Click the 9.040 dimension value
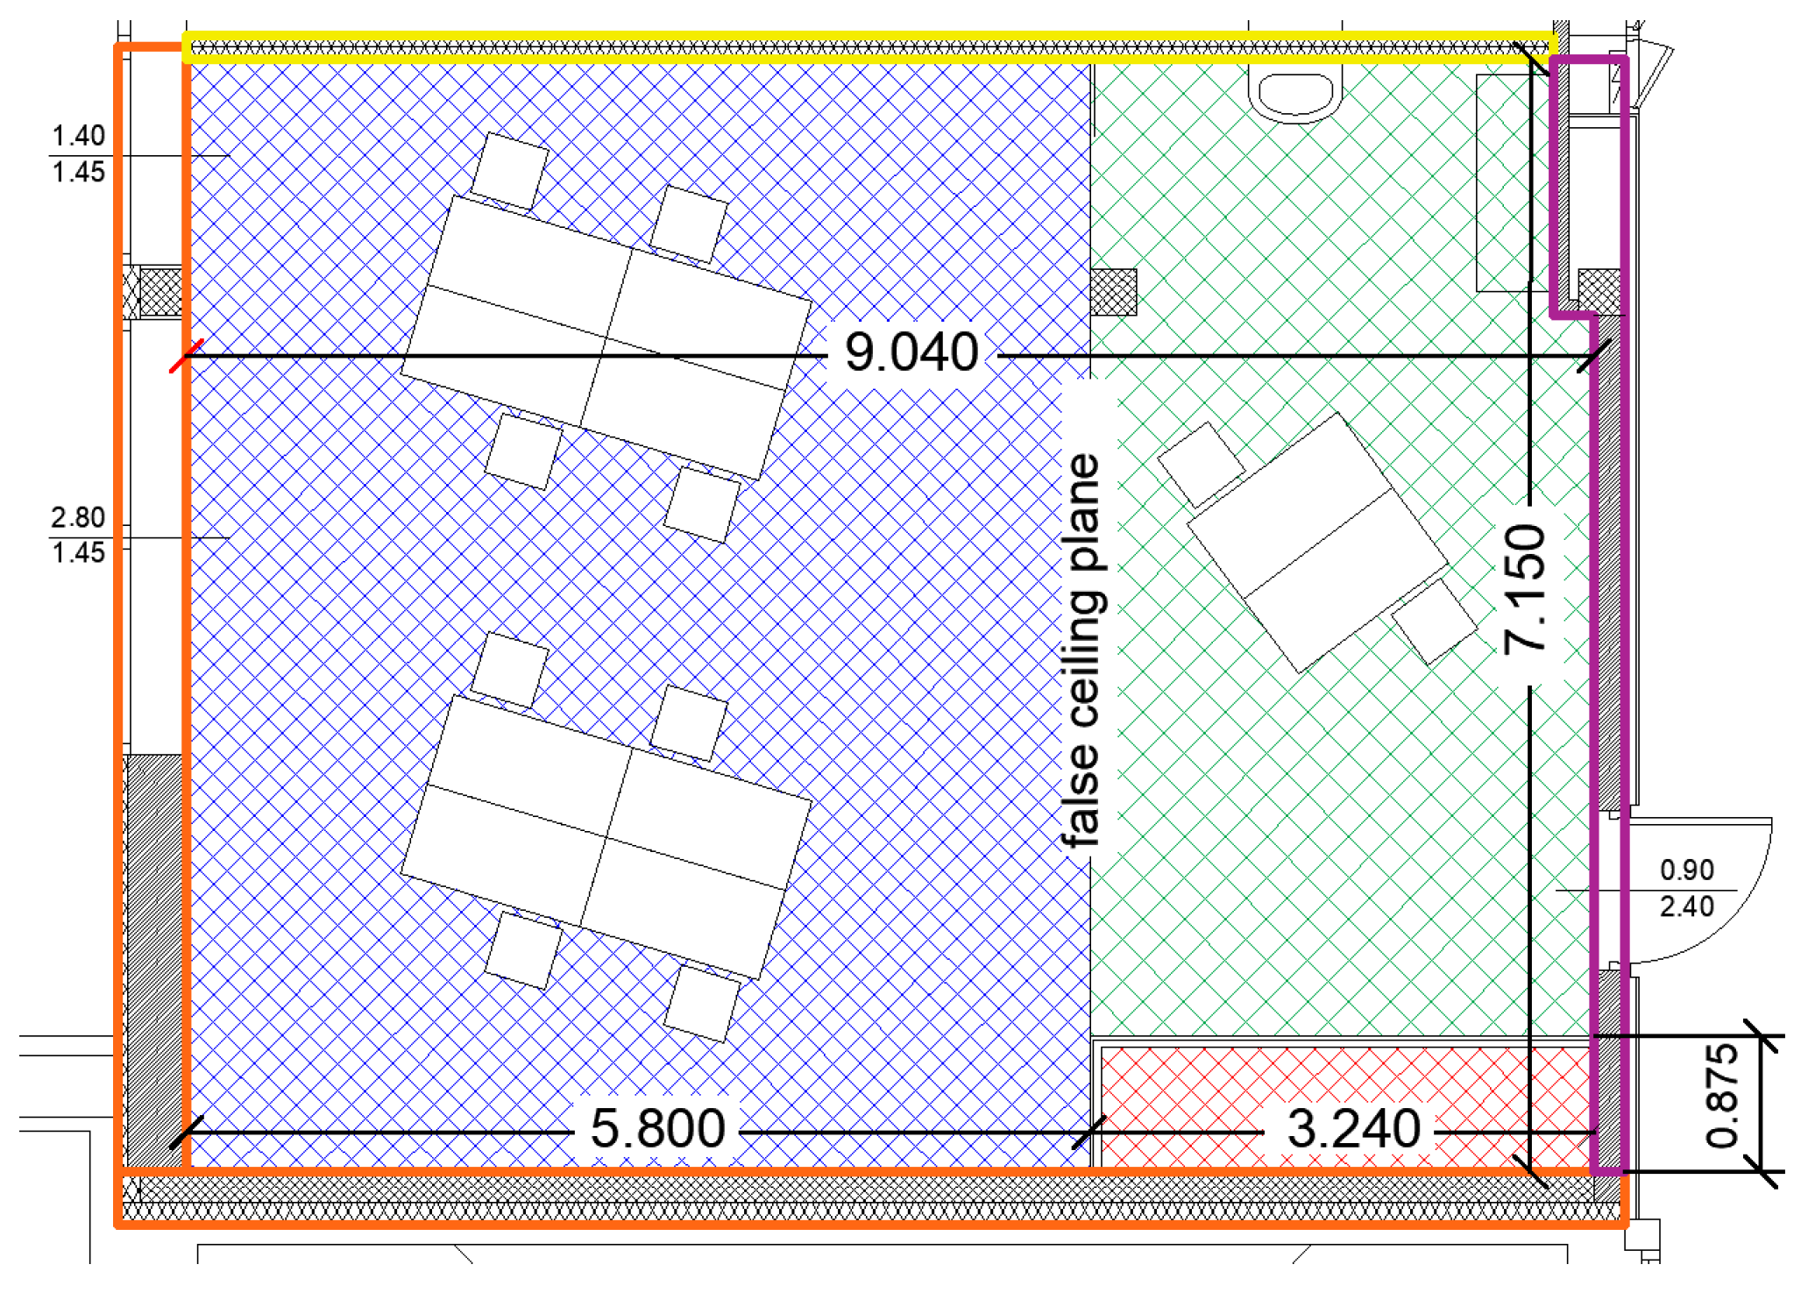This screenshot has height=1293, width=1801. point(911,352)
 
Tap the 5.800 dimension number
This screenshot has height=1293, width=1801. point(657,1128)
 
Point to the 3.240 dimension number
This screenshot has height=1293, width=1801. point(1353,1128)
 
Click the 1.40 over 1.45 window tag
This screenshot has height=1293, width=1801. point(78,154)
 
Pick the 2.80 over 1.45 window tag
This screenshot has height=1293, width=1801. point(78,536)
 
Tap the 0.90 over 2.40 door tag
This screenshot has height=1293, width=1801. point(1686,888)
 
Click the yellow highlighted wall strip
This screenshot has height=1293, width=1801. point(868,48)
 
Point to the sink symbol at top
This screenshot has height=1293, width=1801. point(1295,94)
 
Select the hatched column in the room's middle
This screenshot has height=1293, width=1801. point(1114,292)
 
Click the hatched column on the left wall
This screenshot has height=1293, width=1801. point(160,292)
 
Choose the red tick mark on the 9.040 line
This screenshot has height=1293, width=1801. point(186,356)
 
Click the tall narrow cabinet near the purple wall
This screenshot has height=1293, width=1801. point(1502,182)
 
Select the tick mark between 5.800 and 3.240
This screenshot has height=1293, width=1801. point(1089,1133)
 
